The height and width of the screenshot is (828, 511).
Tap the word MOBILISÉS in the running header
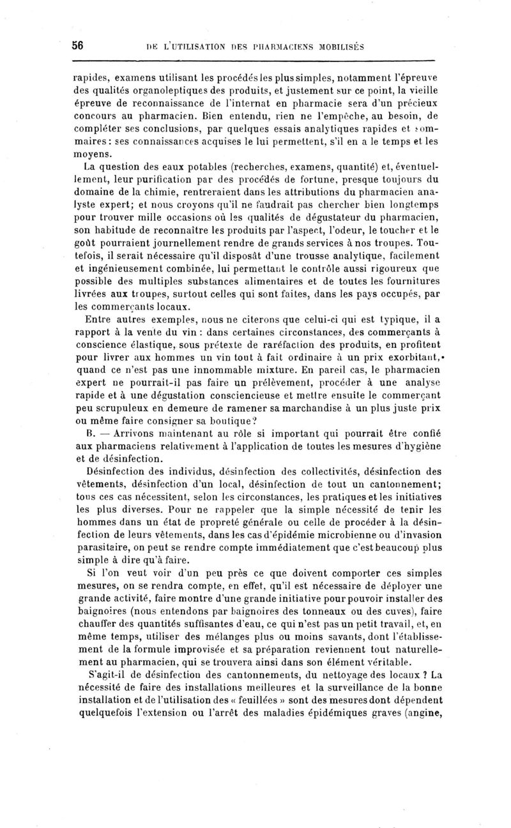coord(332,46)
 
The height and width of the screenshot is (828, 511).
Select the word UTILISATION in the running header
coord(204,46)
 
